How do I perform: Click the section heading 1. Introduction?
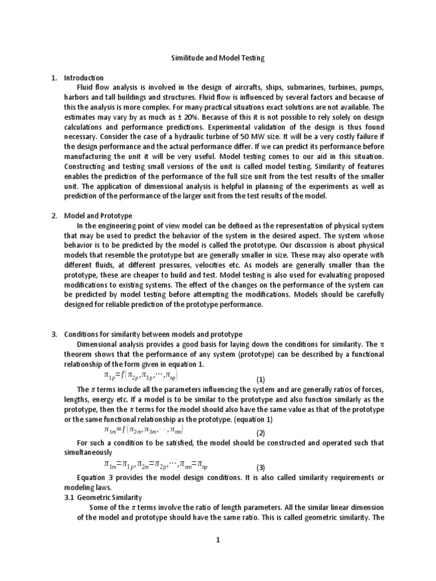point(83,78)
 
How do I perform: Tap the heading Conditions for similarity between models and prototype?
point(153,335)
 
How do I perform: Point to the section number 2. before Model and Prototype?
point(55,216)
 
